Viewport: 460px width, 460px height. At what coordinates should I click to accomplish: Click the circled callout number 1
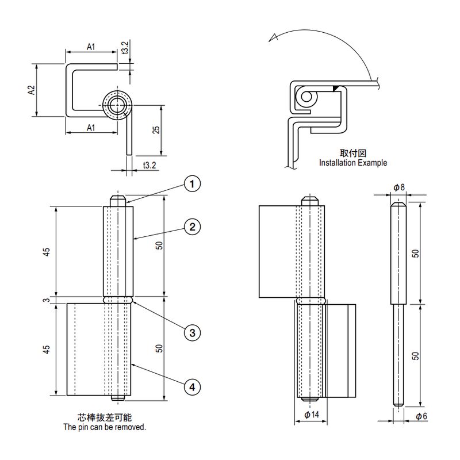pos(193,183)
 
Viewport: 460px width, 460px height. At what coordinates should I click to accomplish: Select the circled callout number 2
pos(193,227)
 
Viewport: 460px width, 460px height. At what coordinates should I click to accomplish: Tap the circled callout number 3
pos(193,332)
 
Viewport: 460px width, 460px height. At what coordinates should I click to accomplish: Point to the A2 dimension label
pos(32,90)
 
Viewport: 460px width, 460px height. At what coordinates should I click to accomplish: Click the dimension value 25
pos(156,130)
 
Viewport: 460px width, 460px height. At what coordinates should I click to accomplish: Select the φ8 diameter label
pos(399,187)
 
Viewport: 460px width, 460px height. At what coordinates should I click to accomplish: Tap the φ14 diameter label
pos(311,415)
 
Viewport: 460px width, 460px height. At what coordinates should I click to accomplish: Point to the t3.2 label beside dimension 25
pos(149,166)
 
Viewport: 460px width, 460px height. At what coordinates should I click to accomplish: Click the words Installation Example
pos(353,163)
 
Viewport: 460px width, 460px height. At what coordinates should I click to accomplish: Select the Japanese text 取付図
pos(352,153)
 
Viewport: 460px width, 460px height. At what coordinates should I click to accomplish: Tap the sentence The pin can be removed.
pos(105,427)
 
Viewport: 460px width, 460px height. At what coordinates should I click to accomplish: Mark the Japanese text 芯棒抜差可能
pos(105,418)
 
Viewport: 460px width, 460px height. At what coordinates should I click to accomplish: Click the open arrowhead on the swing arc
pos(274,38)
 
